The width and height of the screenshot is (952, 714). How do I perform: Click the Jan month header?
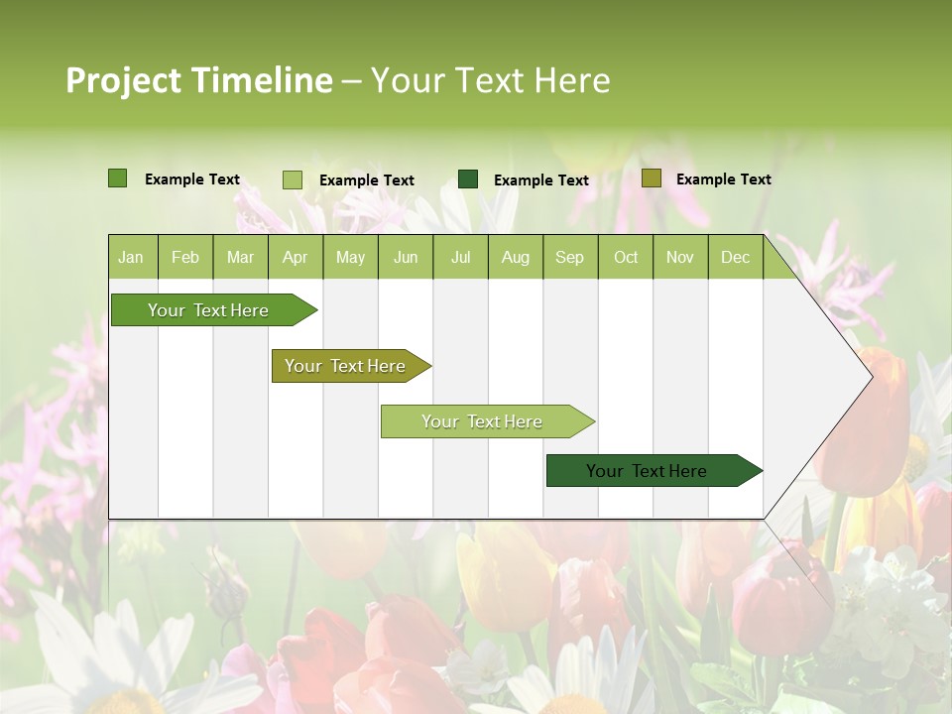tap(131, 257)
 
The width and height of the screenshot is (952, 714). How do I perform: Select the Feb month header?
tap(185, 257)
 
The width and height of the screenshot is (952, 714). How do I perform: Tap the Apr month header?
tap(295, 257)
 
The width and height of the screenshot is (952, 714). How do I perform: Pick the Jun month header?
tap(406, 257)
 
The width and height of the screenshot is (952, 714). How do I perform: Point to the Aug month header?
tap(515, 257)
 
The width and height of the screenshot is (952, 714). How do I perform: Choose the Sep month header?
tap(569, 257)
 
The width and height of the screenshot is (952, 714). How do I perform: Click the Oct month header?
tap(626, 257)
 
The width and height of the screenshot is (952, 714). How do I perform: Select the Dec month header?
tap(735, 257)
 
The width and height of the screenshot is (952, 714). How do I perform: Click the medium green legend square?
tap(117, 178)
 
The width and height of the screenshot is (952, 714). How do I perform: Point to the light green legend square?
tap(292, 179)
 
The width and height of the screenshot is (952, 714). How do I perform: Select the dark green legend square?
tap(468, 179)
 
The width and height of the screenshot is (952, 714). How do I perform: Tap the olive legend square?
tap(651, 178)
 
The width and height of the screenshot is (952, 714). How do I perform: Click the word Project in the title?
tap(122, 80)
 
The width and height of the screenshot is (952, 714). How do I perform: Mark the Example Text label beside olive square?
tap(723, 179)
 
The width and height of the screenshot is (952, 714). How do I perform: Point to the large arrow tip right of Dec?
tap(853, 377)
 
